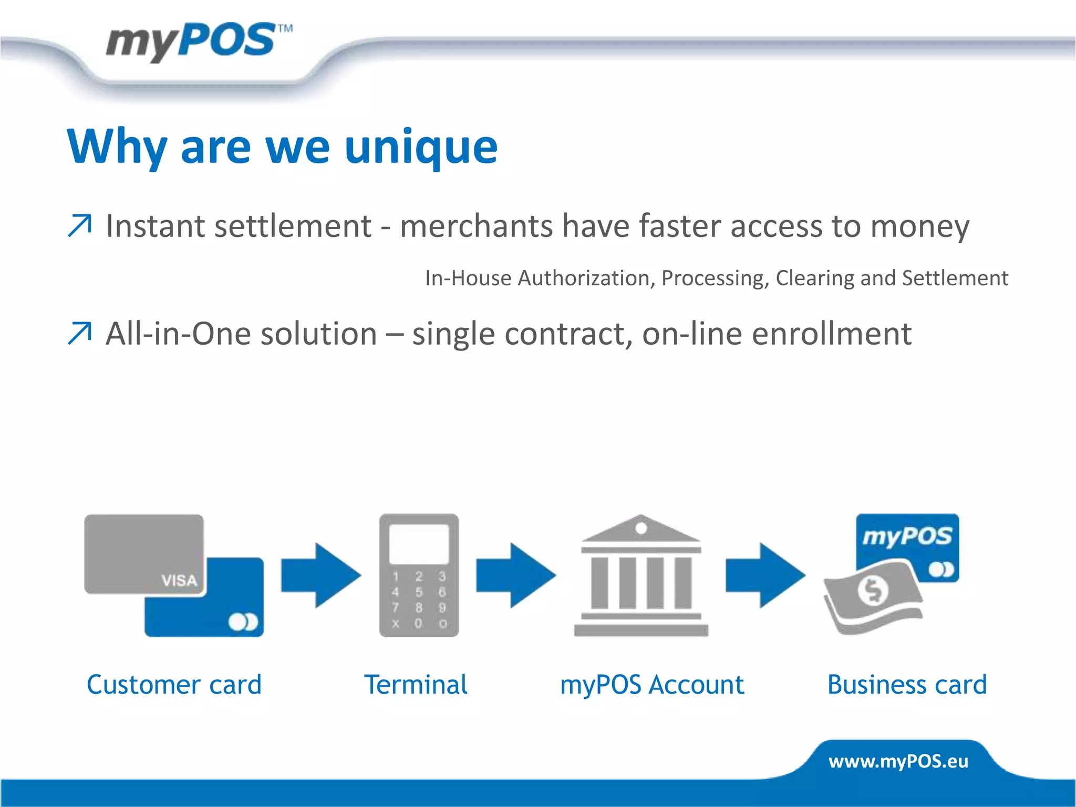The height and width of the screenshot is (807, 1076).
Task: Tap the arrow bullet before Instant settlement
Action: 80,226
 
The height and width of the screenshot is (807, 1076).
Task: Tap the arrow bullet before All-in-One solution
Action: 80,334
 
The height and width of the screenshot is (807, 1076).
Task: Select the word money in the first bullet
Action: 919,227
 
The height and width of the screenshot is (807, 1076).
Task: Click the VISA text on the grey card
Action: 179,581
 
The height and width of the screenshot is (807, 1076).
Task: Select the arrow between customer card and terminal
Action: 320,576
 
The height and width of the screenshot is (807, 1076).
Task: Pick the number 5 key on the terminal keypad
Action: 419,592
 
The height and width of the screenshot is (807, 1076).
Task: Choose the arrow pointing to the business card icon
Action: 765,576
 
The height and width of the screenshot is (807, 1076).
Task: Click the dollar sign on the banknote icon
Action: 873,591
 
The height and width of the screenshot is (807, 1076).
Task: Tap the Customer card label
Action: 174,685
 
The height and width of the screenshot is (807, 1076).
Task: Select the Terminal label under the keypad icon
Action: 416,685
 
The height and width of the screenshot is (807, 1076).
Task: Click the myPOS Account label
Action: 652,685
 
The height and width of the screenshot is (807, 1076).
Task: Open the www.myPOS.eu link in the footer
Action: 898,761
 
